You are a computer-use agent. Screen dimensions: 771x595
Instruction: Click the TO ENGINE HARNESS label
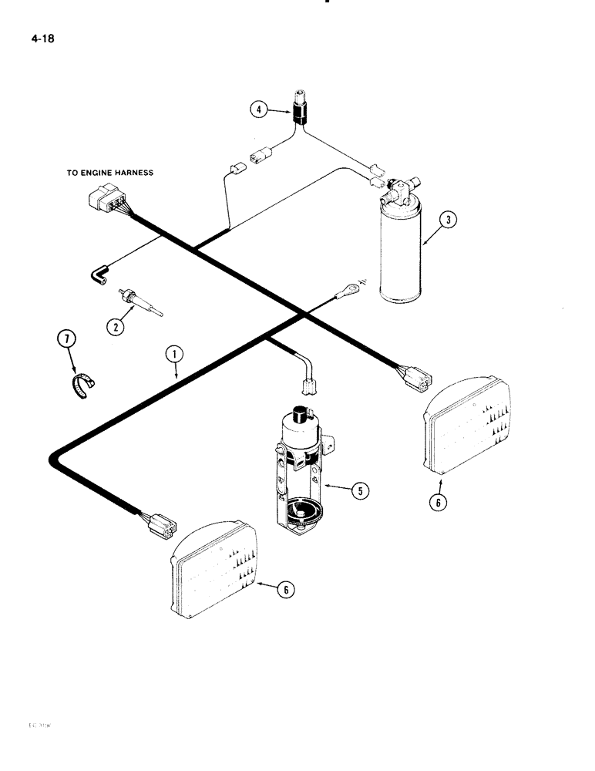click(109, 173)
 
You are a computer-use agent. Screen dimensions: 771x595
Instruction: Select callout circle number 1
click(176, 355)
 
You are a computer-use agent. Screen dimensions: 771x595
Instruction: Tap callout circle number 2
click(115, 326)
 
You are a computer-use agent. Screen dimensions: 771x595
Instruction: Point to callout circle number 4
click(261, 110)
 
